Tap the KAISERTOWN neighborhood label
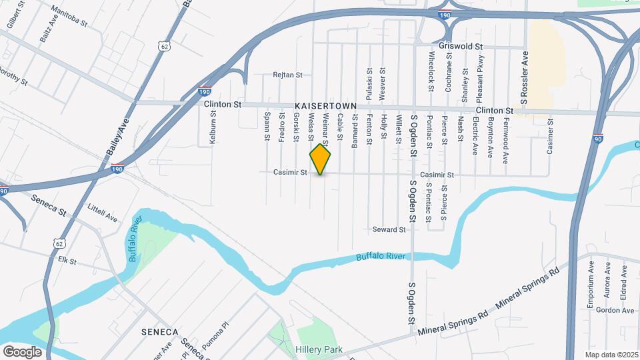[326, 107]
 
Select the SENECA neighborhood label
[159, 331]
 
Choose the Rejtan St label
[288, 75]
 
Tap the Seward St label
[389, 230]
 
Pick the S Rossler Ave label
[525, 78]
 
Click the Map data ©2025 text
[611, 355]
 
